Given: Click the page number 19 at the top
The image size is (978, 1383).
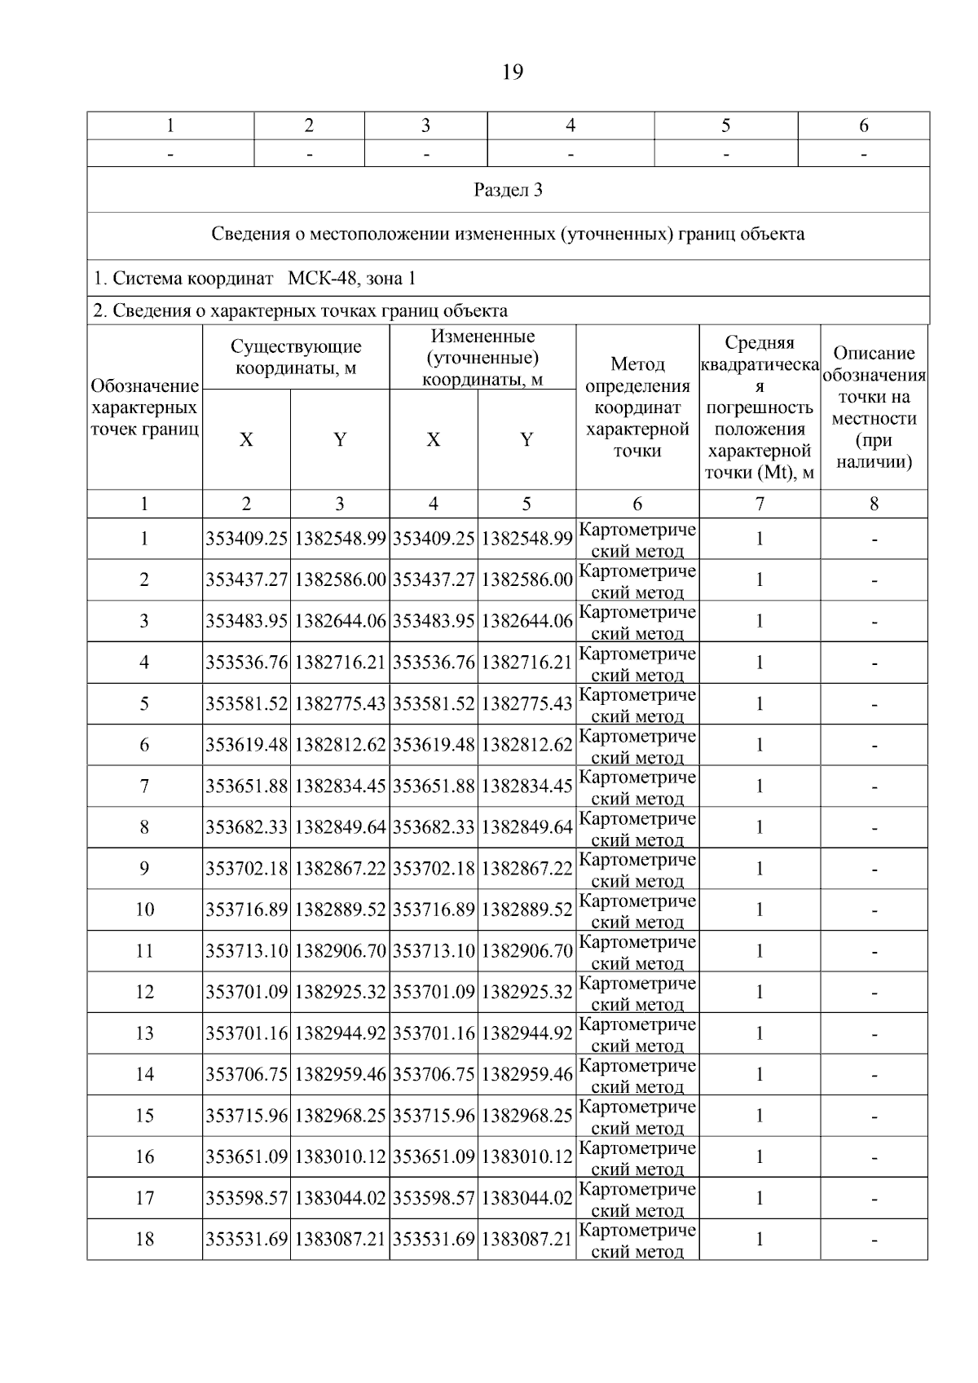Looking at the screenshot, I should [x=513, y=73].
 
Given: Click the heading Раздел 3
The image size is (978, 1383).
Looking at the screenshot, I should [x=508, y=191].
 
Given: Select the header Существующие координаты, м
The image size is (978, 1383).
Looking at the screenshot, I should [x=296, y=357].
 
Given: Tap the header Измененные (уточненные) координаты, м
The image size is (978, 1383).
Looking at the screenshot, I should [x=482, y=357].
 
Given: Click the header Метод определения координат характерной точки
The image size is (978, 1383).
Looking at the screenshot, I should [x=637, y=407].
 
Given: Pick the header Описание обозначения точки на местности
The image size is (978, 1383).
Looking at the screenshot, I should [x=874, y=407].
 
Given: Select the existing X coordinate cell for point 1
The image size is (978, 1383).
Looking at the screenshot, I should [x=246, y=539].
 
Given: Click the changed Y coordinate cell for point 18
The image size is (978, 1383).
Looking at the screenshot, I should [x=526, y=1240].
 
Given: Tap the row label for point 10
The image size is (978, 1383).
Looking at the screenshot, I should [x=144, y=910].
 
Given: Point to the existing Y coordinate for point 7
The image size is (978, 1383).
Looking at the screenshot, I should [x=340, y=786].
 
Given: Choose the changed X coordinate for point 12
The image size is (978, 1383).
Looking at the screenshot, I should [x=434, y=992].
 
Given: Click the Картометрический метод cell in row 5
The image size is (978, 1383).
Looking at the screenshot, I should [x=637, y=704].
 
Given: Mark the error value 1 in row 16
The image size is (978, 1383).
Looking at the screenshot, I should [x=760, y=1157].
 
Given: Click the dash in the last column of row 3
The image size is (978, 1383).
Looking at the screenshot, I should [x=874, y=622].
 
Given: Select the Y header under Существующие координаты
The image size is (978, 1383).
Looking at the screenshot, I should [x=340, y=440].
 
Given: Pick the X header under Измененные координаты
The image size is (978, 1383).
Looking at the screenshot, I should [x=434, y=440].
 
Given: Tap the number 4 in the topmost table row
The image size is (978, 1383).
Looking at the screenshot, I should [x=570, y=126].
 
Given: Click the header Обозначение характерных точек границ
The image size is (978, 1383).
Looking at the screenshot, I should [x=144, y=407].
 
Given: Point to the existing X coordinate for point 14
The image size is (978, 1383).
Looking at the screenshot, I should [x=246, y=1075].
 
